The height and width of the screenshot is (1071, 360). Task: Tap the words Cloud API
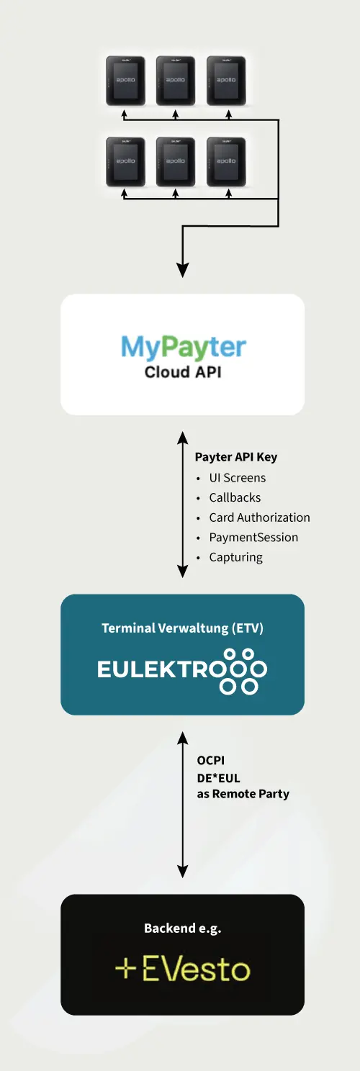coord(183,372)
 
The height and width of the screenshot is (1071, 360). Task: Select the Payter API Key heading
coord(236,457)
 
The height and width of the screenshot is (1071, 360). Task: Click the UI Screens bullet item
coord(237,478)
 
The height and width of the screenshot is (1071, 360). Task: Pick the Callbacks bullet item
coord(235,498)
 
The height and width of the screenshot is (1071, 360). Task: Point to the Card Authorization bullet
coord(260,518)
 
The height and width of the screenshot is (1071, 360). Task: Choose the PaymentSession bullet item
coord(253,538)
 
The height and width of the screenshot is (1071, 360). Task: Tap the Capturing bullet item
coord(235,558)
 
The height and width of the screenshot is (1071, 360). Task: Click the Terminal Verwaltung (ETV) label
coord(183,628)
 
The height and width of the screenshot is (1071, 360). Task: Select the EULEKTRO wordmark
coord(182,670)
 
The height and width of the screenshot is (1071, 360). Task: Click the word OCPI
coord(211,761)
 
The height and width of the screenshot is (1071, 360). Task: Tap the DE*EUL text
coord(218,778)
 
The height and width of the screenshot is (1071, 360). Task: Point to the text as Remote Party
coord(243,794)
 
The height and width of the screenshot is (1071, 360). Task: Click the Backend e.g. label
coord(183,928)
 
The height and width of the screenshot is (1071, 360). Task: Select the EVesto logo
coord(183,970)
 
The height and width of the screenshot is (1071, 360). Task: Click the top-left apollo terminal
coord(125,81)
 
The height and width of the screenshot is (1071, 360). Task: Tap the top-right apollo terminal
coord(226,81)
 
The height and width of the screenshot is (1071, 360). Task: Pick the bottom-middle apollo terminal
coord(176,162)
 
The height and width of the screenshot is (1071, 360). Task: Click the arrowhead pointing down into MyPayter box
coord(183,270)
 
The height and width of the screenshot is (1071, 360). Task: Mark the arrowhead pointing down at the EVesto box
coord(183,871)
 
